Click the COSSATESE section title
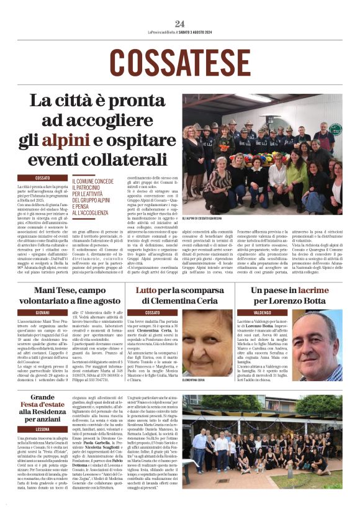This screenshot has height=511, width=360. [180, 61]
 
